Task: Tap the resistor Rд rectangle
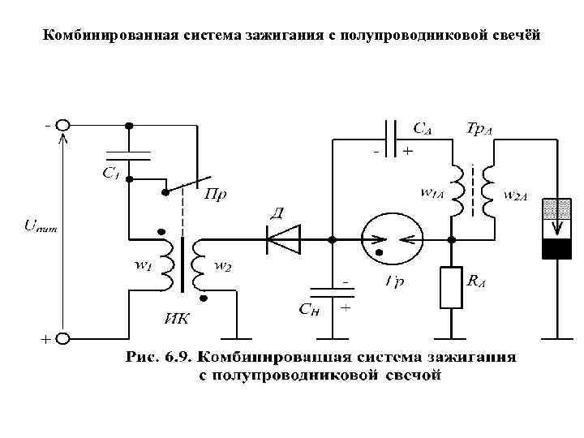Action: [x=451, y=288]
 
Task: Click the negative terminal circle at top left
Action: [x=63, y=127]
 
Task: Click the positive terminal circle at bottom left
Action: [x=63, y=338]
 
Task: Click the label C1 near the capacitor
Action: [x=111, y=172]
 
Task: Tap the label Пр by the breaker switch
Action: [x=214, y=195]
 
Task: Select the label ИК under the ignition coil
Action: [x=177, y=318]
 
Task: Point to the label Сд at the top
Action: [x=423, y=127]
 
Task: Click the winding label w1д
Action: [x=432, y=193]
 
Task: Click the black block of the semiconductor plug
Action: [x=556, y=248]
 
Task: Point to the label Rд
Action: [x=478, y=280]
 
